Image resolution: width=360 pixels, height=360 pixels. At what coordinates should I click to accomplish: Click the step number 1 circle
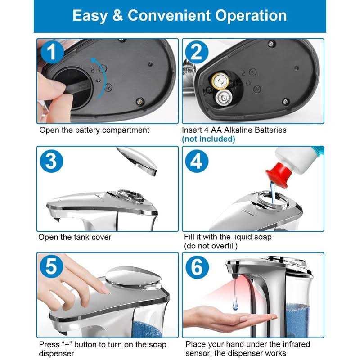click(x=52, y=52)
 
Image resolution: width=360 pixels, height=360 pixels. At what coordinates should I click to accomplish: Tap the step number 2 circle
click(x=197, y=52)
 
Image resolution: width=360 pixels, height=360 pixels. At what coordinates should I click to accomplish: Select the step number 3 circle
click(x=51, y=161)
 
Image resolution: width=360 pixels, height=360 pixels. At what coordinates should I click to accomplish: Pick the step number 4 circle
click(x=197, y=161)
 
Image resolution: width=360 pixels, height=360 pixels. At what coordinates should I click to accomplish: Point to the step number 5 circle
click(x=51, y=266)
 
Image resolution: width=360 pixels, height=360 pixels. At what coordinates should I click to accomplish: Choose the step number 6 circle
click(x=197, y=267)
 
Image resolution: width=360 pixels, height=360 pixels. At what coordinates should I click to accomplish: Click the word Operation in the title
click(x=251, y=16)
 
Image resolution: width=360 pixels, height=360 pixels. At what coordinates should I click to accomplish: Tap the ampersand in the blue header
click(x=117, y=15)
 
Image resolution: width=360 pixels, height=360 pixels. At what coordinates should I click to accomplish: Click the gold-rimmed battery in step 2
click(x=220, y=81)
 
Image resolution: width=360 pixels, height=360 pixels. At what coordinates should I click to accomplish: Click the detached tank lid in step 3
click(x=137, y=161)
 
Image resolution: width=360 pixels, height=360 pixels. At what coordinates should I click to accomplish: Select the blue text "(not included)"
click(x=208, y=139)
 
